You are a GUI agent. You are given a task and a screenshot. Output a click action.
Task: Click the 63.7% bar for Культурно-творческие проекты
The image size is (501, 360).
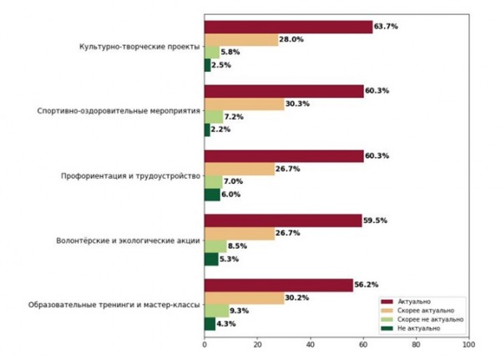[288, 27]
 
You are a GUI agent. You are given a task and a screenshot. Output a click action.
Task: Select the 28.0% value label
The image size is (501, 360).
[291, 39]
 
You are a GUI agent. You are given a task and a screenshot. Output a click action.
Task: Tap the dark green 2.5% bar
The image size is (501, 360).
[207, 64]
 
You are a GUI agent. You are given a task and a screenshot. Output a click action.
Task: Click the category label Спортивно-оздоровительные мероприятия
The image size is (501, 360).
[119, 110]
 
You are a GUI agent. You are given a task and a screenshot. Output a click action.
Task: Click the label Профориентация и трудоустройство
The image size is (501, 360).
[129, 175]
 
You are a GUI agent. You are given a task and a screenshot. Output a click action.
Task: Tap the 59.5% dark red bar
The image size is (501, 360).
[282, 221]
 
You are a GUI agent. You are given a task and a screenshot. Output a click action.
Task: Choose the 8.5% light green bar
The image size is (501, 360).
[215, 246]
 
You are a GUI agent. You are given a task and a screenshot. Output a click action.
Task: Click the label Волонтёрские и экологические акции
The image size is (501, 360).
[128, 241]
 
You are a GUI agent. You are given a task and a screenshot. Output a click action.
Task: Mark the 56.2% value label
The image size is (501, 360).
[367, 286]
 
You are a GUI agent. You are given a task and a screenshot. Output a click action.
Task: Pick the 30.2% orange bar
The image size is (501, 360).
[244, 298]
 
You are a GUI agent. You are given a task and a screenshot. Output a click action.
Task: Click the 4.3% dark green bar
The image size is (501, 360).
[210, 323]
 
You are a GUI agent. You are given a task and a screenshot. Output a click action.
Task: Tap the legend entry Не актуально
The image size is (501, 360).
[423, 329]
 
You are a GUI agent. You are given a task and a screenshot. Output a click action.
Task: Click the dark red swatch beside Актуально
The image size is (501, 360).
[387, 300]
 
